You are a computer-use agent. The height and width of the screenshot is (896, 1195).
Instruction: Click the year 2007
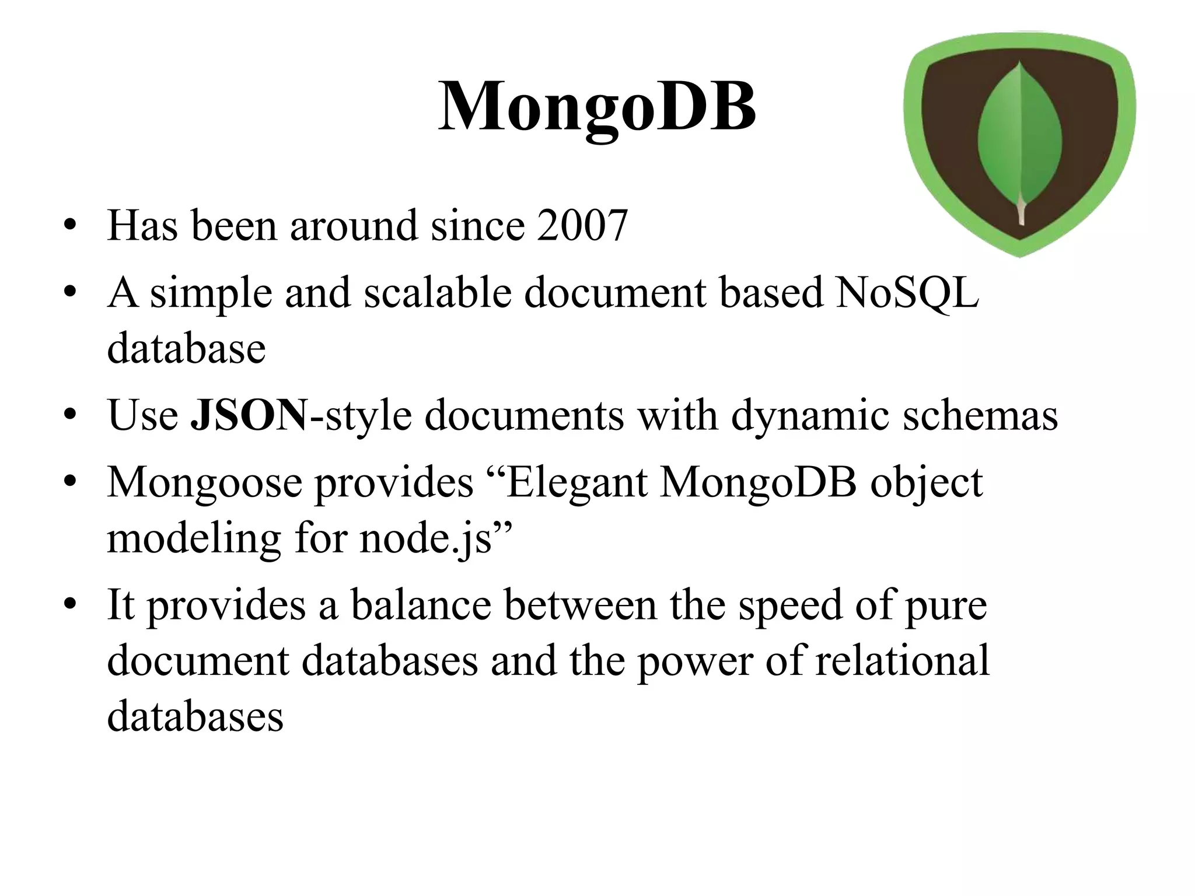582,225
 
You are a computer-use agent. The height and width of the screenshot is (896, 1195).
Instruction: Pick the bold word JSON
249,415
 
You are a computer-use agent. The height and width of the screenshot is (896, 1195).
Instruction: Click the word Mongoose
204,483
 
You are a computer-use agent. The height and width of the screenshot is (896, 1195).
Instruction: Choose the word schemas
980,415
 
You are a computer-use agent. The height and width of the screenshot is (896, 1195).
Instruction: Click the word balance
421,605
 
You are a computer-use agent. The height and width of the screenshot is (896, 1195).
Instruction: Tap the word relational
902,660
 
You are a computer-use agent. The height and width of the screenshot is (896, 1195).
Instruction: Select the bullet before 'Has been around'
71,226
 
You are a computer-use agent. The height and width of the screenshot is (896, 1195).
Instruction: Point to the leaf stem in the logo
1021,212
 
